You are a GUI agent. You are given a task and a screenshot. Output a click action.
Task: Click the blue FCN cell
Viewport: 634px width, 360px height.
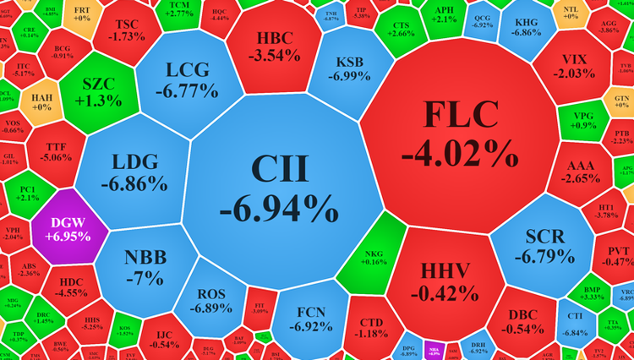[303, 317]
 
